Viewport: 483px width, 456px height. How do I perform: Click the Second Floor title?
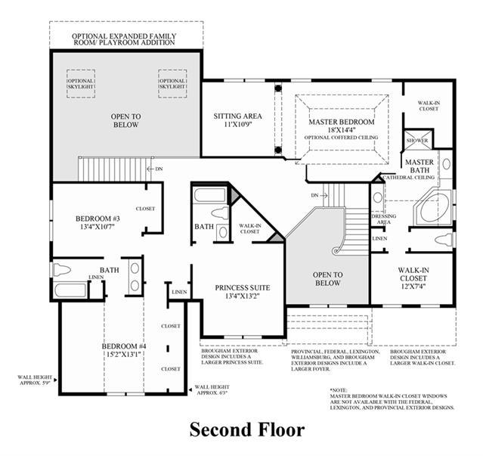pyautogui.click(x=246, y=430)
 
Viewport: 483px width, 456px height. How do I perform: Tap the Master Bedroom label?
pyautogui.click(x=342, y=123)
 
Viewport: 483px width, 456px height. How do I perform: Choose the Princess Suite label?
pyautogui.click(x=242, y=287)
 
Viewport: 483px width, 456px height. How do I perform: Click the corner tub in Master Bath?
pyautogui.click(x=433, y=206)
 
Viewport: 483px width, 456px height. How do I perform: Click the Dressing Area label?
pyautogui.click(x=385, y=218)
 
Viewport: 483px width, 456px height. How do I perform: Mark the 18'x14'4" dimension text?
pyautogui.click(x=342, y=130)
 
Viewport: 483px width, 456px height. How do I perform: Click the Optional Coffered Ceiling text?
pyautogui.click(x=342, y=138)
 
